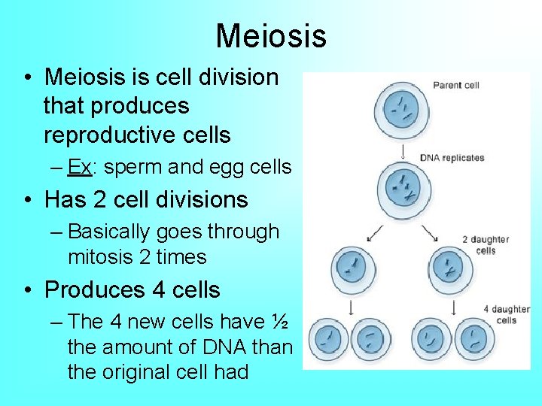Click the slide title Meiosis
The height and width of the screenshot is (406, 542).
[271, 35]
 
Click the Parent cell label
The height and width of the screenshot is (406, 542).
[455, 85]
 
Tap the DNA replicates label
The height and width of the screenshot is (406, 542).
[452, 158]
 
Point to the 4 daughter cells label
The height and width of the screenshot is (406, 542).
[506, 314]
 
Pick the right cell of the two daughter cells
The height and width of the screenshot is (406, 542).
[451, 267]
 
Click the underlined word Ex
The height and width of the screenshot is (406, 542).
[79, 167]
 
